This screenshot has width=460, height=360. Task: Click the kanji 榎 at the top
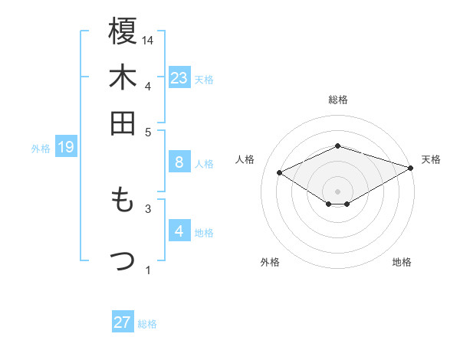pyautogui.click(x=123, y=32)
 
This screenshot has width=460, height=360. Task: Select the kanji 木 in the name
pyautogui.click(x=123, y=78)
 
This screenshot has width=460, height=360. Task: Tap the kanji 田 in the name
pyautogui.click(x=123, y=123)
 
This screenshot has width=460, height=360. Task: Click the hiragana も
pyautogui.click(x=122, y=201)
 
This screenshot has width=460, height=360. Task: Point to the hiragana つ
pyautogui.click(x=123, y=261)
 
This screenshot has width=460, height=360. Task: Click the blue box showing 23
pyautogui.click(x=179, y=77)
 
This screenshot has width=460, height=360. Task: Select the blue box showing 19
pyautogui.click(x=65, y=147)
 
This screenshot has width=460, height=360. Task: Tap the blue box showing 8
pyautogui.click(x=179, y=162)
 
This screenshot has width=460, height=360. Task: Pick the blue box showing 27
pyautogui.click(x=123, y=322)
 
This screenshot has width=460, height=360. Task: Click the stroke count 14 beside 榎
pyautogui.click(x=149, y=40)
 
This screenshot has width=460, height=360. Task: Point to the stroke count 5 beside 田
pyautogui.click(x=149, y=132)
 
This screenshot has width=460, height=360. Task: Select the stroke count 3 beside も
pyautogui.click(x=149, y=208)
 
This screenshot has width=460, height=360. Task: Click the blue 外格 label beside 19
pyautogui.click(x=41, y=148)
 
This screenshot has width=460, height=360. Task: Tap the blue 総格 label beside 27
pyautogui.click(x=147, y=323)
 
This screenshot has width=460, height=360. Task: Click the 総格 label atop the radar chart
pyautogui.click(x=338, y=99)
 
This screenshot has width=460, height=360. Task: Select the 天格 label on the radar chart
pyautogui.click(x=431, y=159)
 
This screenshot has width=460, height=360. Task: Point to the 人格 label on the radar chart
pyautogui.click(x=245, y=159)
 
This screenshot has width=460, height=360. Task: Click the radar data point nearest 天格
pyautogui.click(x=412, y=168)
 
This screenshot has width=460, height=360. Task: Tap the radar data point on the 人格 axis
pyautogui.click(x=280, y=173)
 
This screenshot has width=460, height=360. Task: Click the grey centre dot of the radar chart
pyautogui.click(x=338, y=191)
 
